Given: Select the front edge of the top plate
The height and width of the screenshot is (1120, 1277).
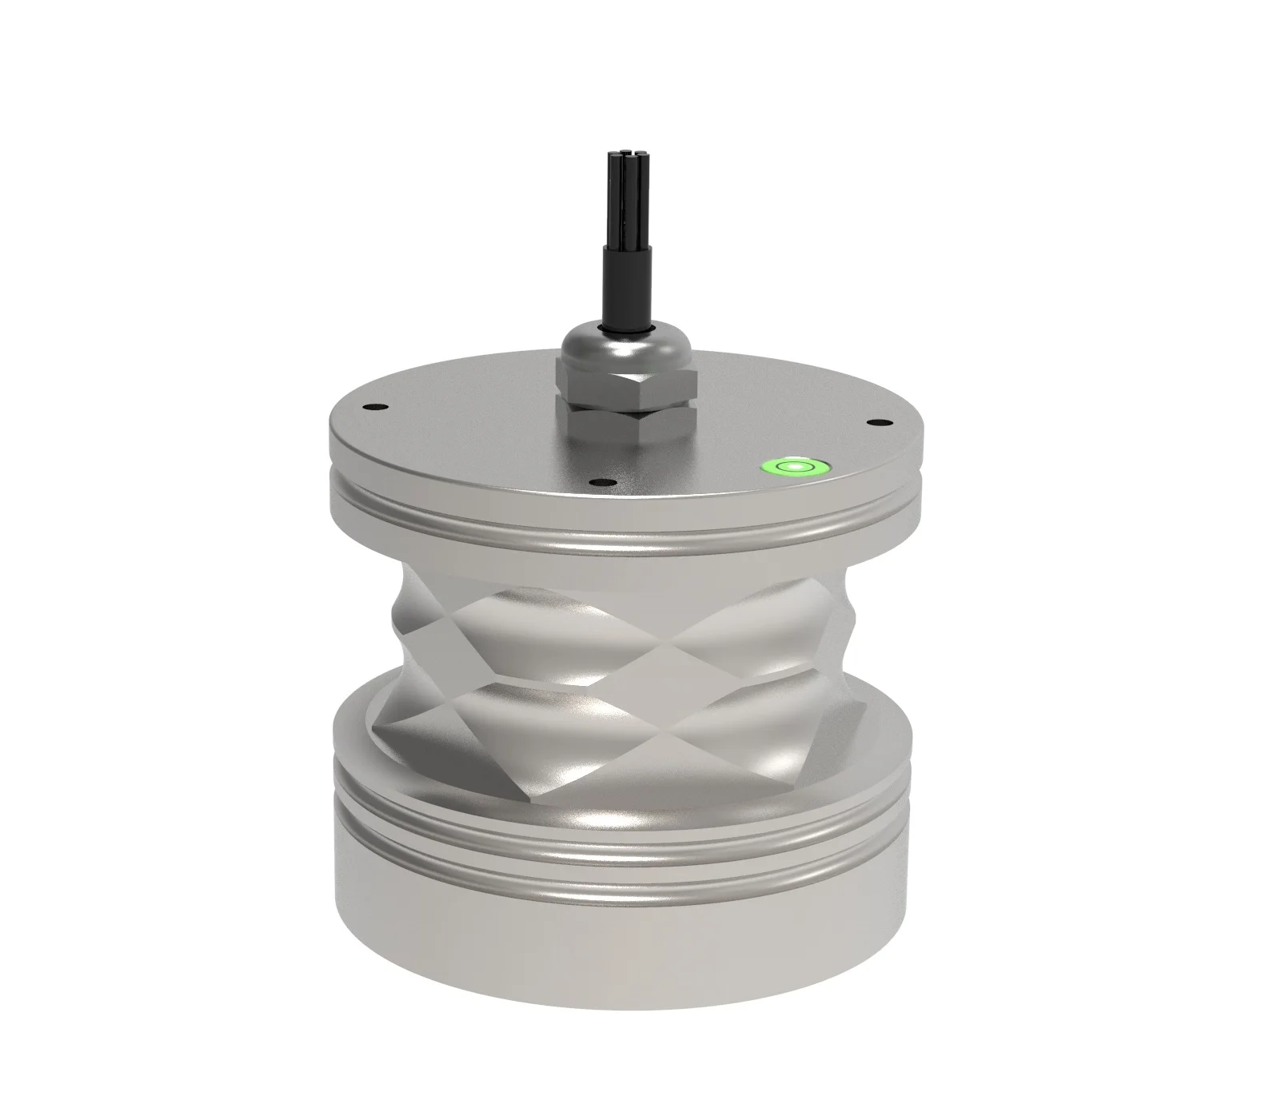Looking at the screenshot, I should [624, 500].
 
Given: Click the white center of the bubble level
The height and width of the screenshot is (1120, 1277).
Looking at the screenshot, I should [795, 464].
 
